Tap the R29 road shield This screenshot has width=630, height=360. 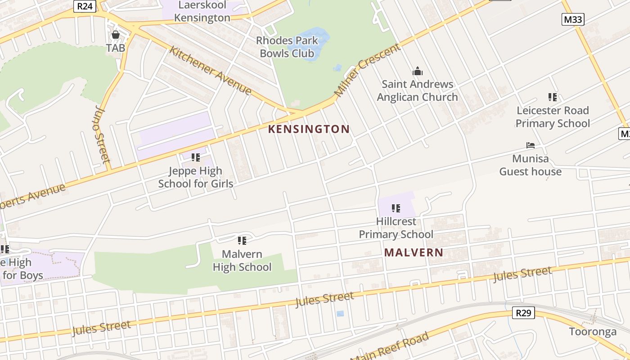523,313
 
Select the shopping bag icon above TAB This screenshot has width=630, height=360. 116,35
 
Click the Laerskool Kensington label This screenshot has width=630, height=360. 202,12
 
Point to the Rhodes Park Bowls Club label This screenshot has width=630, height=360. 287,47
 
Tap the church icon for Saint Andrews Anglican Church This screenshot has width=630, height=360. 418,71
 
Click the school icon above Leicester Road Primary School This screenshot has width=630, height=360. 553,97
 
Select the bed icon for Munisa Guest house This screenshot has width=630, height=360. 531,145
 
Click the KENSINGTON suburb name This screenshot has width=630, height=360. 309,130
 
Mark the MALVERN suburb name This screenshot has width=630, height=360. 414,252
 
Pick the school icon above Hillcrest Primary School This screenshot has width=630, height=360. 396,208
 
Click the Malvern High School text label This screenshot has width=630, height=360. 242,261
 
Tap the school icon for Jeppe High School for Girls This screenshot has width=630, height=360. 196,157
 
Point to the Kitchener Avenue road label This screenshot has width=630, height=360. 210,70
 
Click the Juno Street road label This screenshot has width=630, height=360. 103,134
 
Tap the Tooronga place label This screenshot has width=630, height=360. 593,332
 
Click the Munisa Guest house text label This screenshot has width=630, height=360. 531,165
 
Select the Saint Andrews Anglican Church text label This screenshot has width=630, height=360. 418,90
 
